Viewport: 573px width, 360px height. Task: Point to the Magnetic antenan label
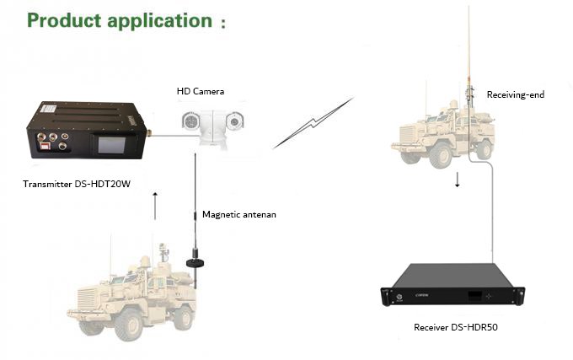coord(239,214)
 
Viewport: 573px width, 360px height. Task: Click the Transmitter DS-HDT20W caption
coord(77,182)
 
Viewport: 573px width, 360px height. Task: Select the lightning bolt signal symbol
coord(313,123)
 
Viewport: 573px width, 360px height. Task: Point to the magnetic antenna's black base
coord(195,263)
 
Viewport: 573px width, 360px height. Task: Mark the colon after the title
coord(222,24)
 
